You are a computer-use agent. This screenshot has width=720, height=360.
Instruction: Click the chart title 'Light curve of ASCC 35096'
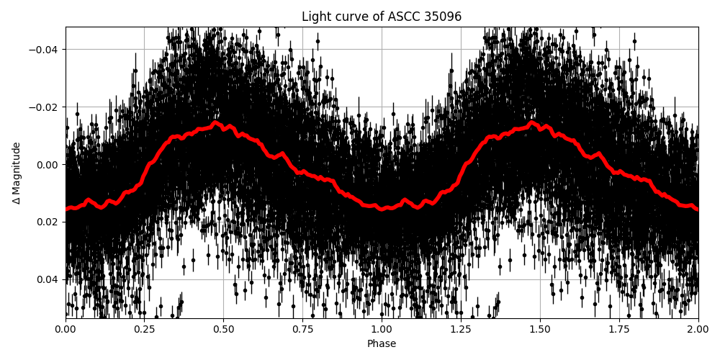382,17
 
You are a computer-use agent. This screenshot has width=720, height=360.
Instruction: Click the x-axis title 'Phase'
382,344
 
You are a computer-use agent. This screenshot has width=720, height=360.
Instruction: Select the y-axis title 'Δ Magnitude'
17,173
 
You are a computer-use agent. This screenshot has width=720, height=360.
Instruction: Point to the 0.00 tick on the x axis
66,330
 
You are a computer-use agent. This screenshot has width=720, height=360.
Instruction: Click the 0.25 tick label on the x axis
145,330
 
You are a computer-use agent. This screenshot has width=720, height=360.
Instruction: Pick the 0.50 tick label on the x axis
224,330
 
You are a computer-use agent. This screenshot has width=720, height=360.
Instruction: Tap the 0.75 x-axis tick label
302,330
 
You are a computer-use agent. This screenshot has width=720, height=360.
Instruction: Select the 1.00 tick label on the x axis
382,330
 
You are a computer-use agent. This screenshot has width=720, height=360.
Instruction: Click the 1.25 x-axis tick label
461,330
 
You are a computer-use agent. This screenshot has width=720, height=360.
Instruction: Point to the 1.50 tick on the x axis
540,330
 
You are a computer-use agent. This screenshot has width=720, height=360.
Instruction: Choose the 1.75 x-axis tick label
619,330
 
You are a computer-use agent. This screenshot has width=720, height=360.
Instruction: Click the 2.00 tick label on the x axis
698,330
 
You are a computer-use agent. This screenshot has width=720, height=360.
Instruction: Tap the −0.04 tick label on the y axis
45,50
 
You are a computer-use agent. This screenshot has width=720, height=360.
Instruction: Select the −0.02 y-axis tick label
45,107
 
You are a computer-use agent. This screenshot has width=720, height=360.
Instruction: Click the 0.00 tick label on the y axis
48,165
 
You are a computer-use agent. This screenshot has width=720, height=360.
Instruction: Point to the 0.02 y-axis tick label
48,222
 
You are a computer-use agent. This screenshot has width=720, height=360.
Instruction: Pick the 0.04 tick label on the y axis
48,279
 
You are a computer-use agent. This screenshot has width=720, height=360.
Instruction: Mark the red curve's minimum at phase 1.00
382,209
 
